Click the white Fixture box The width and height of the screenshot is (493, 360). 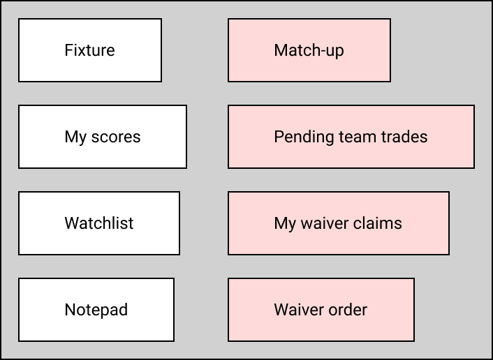pos(90,50)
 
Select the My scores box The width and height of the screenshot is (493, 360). pos(103,137)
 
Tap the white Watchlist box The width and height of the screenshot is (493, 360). pos(99,223)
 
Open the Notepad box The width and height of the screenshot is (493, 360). pos(96,310)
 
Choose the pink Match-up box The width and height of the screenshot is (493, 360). pos(309,50)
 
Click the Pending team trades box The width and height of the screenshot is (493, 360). pos(351,137)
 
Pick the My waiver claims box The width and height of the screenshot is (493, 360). pos(339,223)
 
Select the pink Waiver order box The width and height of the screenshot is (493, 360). pos(321,310)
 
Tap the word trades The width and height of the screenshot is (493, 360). pos(403,137)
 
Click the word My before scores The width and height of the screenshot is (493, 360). pos(75,137)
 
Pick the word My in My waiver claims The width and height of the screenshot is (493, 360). pos(285,223)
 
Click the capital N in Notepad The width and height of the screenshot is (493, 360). pos(70,310)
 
